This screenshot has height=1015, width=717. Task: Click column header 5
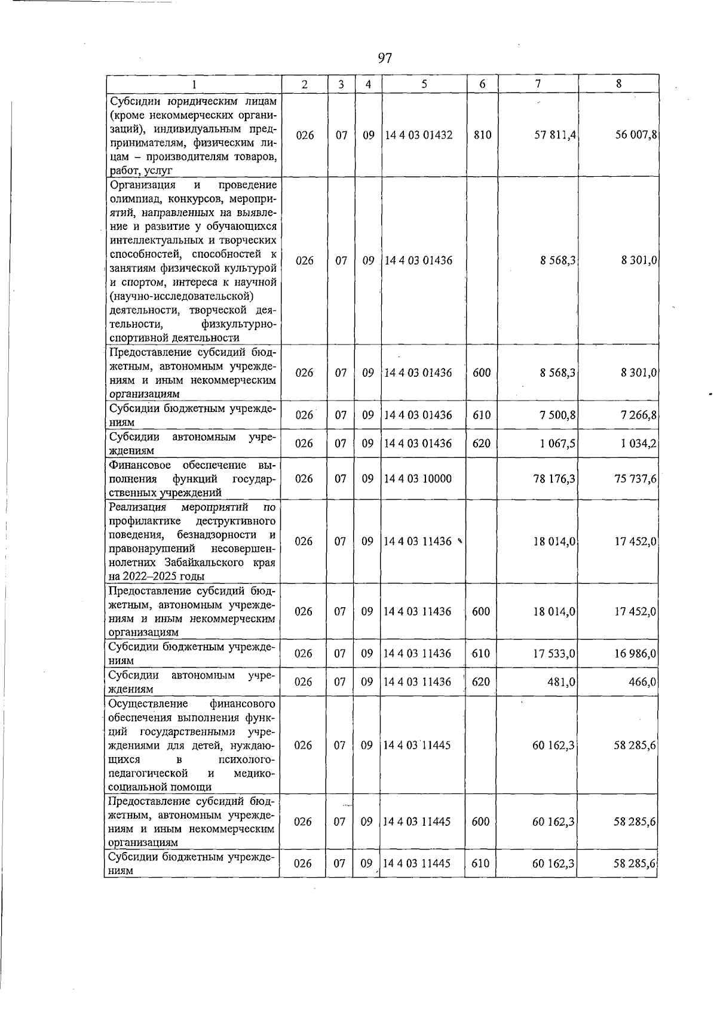coord(424,84)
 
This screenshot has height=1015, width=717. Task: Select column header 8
coord(618,84)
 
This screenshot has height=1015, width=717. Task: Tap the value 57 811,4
coord(555,135)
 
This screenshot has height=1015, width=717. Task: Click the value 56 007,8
coord(636,135)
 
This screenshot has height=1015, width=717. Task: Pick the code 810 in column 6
coord(482,135)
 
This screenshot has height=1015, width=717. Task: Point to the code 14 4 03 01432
coord(418,135)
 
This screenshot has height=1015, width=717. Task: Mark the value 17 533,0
coord(554,654)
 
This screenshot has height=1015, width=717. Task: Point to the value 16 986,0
coord(636,654)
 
